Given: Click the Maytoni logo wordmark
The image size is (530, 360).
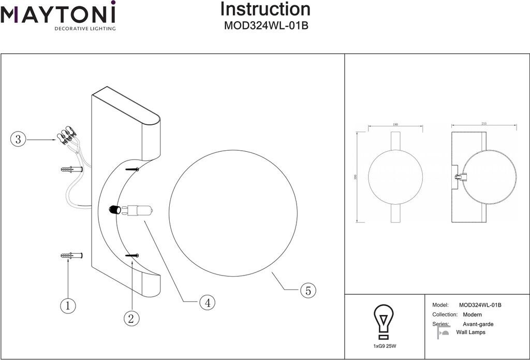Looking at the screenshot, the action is pos(58,13).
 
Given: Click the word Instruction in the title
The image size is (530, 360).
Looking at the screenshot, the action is pos(266,9).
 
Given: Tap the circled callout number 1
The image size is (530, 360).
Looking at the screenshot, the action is pos(68,306).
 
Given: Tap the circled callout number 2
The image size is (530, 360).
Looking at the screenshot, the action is pos(131,319).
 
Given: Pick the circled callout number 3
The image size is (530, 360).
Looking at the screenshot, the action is pos(18,139).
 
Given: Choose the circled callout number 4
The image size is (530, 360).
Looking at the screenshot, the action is pos(207,302).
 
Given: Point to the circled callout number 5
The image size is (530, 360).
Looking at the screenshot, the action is pos(308,291).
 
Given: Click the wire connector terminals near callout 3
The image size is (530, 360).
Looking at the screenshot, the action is pos(66,135).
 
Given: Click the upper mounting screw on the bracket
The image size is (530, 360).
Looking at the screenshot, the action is pos(133,169).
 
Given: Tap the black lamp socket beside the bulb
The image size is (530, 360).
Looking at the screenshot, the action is pos(115,210).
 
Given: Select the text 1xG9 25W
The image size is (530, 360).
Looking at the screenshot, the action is pos(384,345).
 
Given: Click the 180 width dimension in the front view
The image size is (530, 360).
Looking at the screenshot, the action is pos(395,125).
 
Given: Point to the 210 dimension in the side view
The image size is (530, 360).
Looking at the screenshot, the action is pos(484,124).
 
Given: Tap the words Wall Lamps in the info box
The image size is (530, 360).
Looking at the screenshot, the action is pos(470,333).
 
